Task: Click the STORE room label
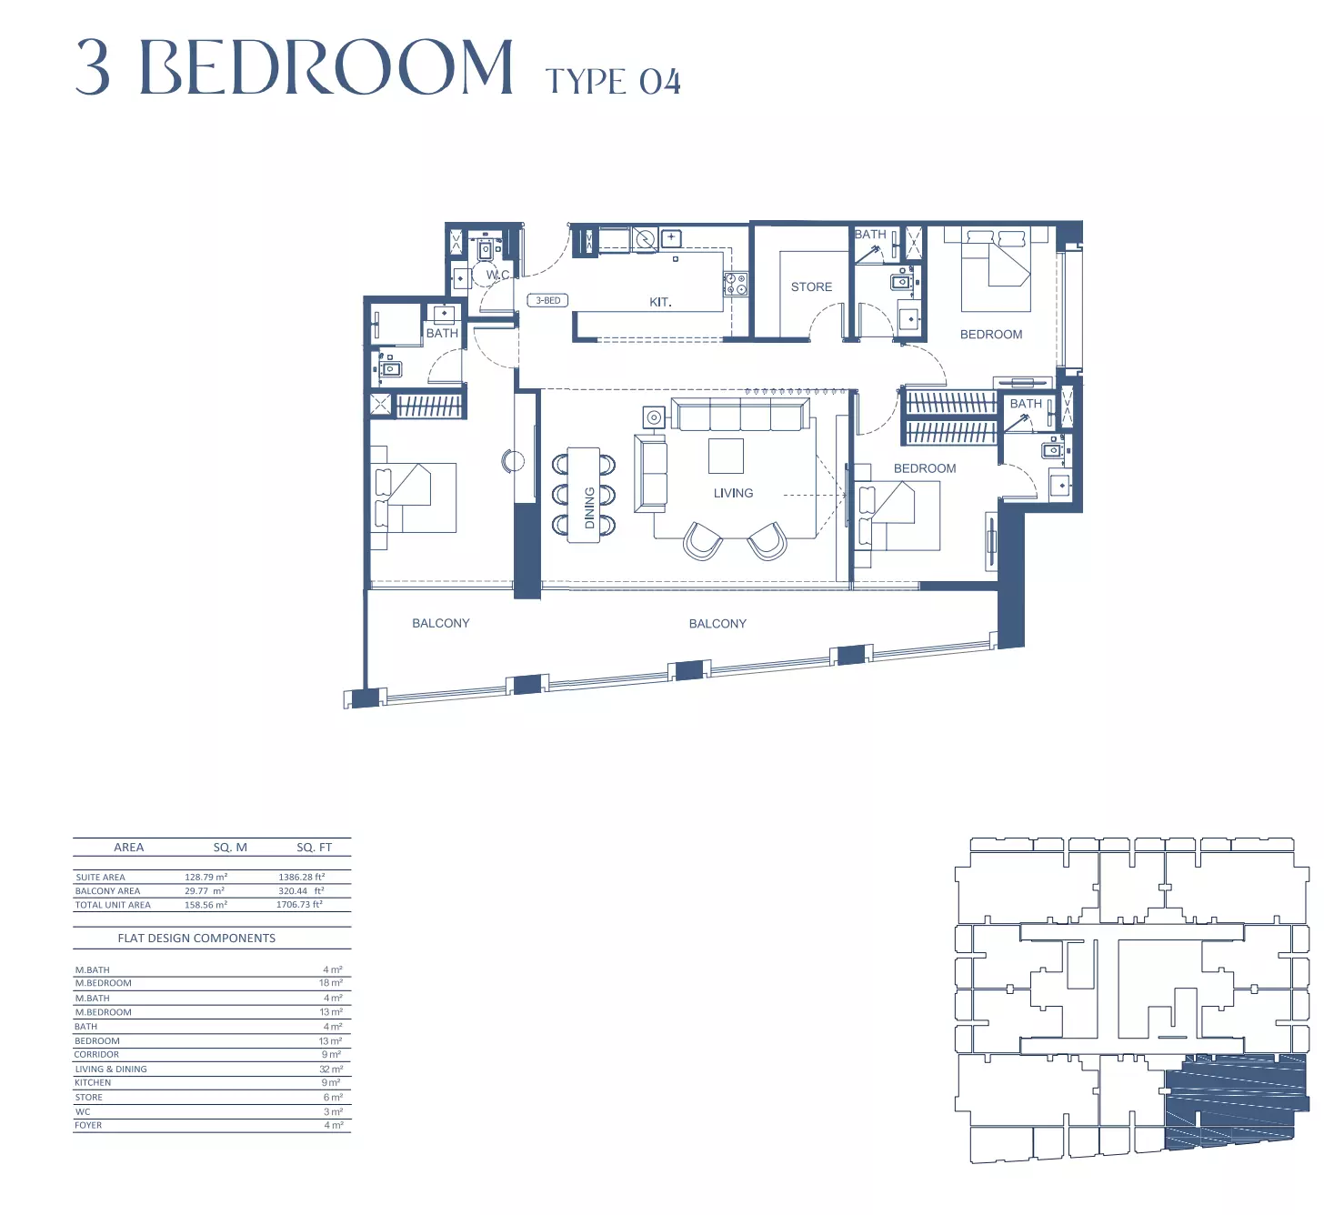(x=811, y=286)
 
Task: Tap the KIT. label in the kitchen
(x=660, y=302)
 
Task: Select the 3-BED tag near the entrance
(x=547, y=300)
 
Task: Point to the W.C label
(x=497, y=274)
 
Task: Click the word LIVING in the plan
(x=733, y=493)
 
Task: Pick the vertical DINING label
(x=589, y=507)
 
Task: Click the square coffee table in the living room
(x=726, y=456)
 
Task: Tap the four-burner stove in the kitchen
(x=735, y=283)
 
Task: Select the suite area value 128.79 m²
(x=206, y=877)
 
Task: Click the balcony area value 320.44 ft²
(x=301, y=890)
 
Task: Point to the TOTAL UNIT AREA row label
(x=113, y=905)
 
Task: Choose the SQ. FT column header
(x=314, y=848)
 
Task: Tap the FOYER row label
(x=88, y=1125)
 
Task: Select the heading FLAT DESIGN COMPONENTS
(x=196, y=939)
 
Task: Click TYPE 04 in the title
(x=613, y=82)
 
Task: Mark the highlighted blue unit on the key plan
(x=1234, y=1111)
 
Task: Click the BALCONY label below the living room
(x=717, y=623)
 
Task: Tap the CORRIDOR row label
(x=96, y=1055)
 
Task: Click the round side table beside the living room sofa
(x=654, y=417)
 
